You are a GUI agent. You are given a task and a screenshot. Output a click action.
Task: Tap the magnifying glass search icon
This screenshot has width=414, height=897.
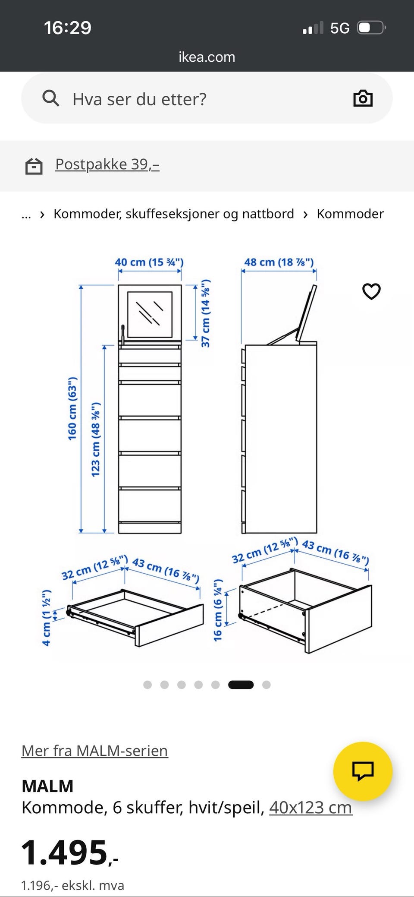(x=50, y=98)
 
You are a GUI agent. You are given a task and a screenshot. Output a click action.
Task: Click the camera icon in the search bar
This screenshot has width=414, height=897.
(x=363, y=98)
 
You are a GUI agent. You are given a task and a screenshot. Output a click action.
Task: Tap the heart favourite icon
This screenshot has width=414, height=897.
(x=371, y=291)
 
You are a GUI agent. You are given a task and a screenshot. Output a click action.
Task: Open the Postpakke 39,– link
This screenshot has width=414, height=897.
(x=107, y=164)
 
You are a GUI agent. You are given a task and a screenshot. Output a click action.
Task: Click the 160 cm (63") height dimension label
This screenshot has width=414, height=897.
(x=72, y=408)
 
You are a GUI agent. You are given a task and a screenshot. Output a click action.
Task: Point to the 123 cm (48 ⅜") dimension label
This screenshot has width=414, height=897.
(x=95, y=439)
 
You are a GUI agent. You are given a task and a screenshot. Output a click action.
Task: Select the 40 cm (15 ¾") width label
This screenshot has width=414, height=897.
(x=149, y=262)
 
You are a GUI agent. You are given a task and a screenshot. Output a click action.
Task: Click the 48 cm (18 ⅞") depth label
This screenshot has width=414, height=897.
(x=279, y=262)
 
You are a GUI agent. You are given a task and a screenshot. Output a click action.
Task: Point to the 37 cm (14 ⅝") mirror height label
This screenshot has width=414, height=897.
(x=205, y=313)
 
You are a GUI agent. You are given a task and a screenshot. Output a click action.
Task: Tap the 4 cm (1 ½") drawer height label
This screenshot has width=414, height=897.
(x=46, y=617)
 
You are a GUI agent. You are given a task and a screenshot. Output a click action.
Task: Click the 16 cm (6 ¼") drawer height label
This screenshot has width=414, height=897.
(x=218, y=610)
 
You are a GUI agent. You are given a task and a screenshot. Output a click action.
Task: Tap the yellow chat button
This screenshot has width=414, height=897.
(x=363, y=771)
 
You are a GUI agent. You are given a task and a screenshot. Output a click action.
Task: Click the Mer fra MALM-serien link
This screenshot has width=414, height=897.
(x=94, y=751)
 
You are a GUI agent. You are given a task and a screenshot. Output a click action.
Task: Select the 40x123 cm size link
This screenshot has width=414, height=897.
(x=310, y=807)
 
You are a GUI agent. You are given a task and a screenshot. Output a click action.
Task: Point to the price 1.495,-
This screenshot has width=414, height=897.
(x=69, y=853)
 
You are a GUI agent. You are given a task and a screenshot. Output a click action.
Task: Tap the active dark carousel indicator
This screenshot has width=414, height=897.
(x=241, y=685)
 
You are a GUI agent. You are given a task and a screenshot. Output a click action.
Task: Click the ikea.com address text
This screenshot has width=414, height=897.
(x=207, y=57)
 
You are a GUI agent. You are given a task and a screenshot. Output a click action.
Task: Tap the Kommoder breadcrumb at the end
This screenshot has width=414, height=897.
(x=350, y=214)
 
